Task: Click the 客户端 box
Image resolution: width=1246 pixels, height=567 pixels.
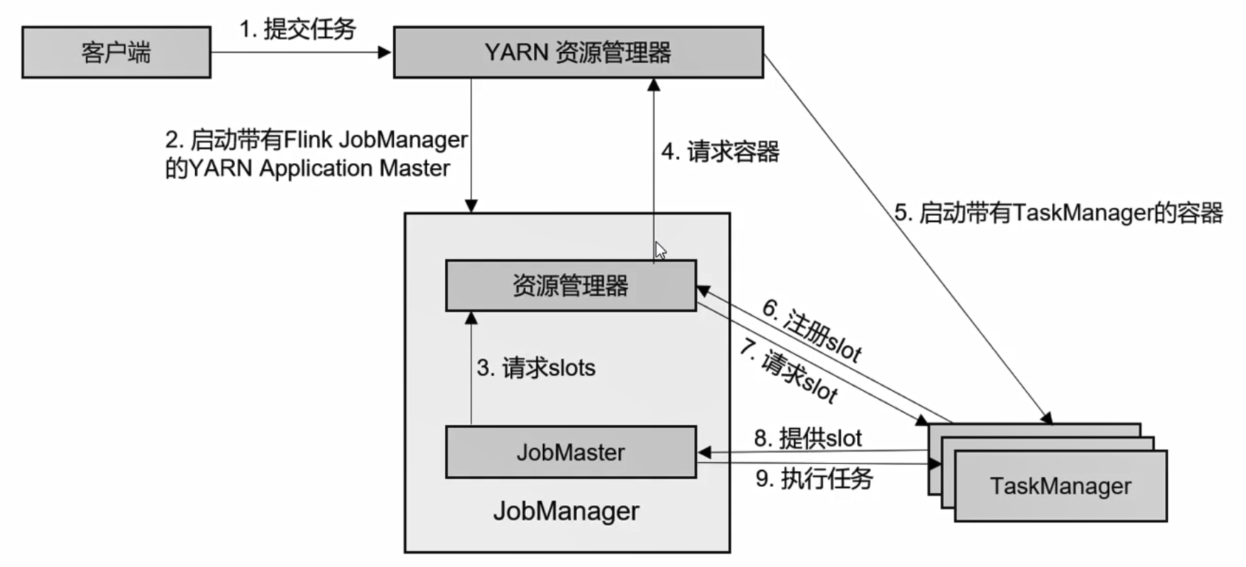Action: pyautogui.click(x=116, y=52)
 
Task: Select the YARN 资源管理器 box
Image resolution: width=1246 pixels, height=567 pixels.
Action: pyautogui.click(x=578, y=52)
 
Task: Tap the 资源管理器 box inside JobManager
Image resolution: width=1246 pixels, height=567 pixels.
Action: pyautogui.click(x=571, y=285)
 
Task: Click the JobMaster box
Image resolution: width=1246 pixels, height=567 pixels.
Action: pyautogui.click(x=571, y=452)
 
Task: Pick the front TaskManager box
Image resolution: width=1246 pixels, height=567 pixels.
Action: pyautogui.click(x=1061, y=486)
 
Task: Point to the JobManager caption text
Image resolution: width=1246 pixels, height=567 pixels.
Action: pyautogui.click(x=566, y=511)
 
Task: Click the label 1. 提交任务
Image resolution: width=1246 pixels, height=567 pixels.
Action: pyautogui.click(x=297, y=29)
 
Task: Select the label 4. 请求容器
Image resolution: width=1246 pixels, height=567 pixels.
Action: pyautogui.click(x=720, y=151)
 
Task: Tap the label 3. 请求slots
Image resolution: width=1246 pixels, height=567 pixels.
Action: pyautogui.click(x=536, y=368)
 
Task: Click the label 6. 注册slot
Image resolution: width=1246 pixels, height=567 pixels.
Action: pyautogui.click(x=812, y=330)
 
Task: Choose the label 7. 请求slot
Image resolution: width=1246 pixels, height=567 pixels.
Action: pyautogui.click(x=789, y=370)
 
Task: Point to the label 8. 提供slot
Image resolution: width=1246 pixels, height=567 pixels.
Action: pyautogui.click(x=808, y=438)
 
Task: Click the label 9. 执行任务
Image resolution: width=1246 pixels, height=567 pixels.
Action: pyautogui.click(x=814, y=478)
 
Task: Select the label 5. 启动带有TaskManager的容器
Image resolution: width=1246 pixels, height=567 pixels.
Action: pyautogui.click(x=1059, y=212)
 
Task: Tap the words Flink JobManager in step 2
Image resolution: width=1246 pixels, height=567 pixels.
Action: pyautogui.click(x=375, y=140)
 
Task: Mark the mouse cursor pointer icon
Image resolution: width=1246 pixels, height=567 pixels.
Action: pyautogui.click(x=661, y=251)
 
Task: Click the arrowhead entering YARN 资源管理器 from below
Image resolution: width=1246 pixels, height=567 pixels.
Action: pyautogui.click(x=654, y=84)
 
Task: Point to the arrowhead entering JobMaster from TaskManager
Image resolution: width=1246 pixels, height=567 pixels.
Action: pyautogui.click(x=704, y=452)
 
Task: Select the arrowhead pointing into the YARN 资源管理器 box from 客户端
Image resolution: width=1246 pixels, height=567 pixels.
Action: pyautogui.click(x=385, y=52)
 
